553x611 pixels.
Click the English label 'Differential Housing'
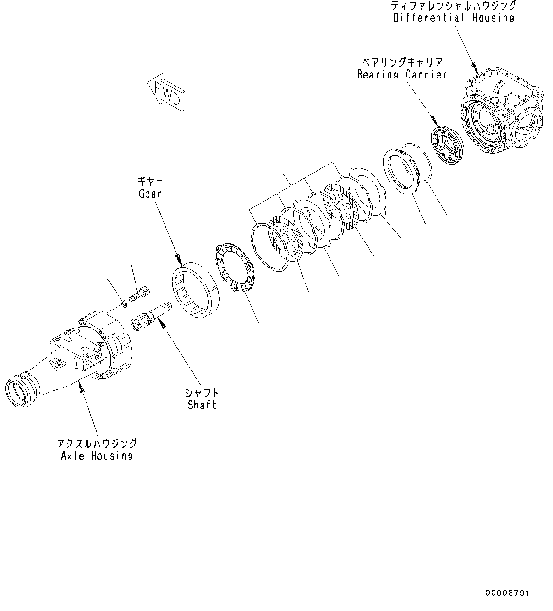coord(453,18)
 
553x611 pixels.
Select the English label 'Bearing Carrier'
coord(402,75)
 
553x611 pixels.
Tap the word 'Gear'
coord(150,194)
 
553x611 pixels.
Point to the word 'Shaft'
coord(202,405)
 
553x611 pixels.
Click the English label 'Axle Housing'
coord(97,456)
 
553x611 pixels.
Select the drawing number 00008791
coord(507,593)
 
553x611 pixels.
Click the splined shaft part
coord(148,320)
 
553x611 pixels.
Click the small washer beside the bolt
coord(123,302)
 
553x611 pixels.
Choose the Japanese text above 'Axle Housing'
coord(97,443)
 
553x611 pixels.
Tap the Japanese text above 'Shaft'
coord(202,392)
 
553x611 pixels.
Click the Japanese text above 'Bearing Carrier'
coord(402,62)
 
